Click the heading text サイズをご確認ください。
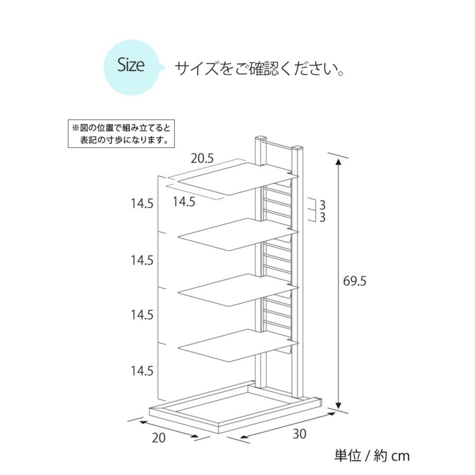(x=260, y=68)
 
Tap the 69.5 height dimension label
(x=355, y=281)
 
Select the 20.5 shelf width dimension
(x=202, y=157)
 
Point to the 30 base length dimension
(x=300, y=434)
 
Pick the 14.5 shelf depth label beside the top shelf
(x=184, y=201)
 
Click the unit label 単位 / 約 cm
(x=372, y=455)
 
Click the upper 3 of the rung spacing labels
(x=322, y=204)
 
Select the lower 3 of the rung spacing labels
(x=322, y=217)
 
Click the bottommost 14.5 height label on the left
(x=142, y=370)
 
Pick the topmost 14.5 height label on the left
(x=142, y=204)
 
